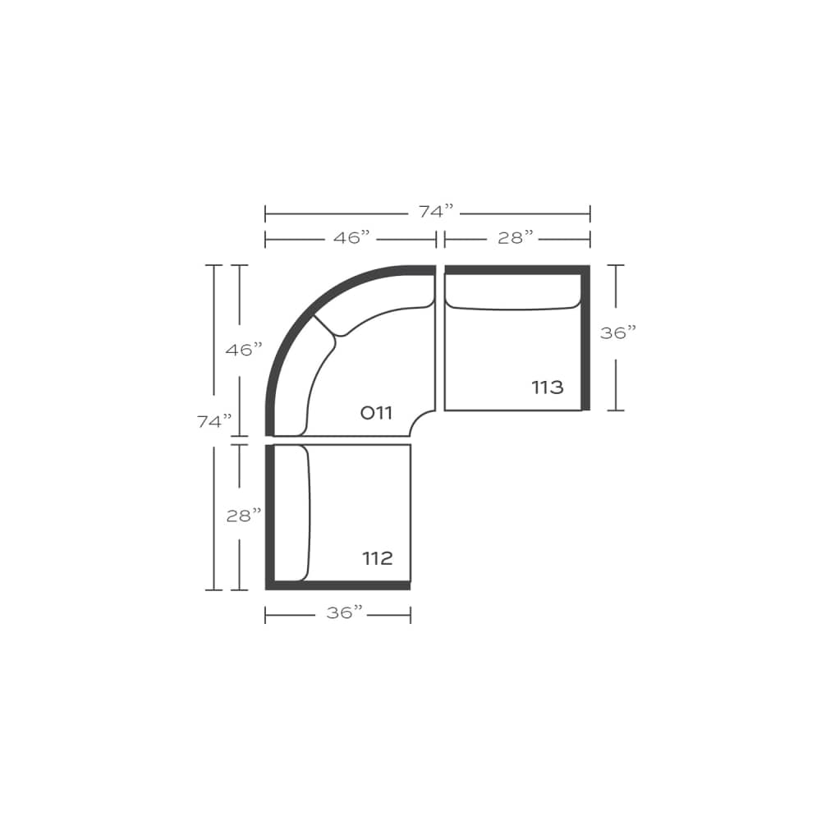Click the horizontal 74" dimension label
click(436, 212)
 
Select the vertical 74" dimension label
click(214, 421)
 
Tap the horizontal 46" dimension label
click(352, 238)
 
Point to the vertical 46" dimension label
click(244, 350)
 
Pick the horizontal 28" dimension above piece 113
click(516, 238)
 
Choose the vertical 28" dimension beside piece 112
click(244, 516)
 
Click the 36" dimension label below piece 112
click(345, 613)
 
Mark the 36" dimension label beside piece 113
click(618, 333)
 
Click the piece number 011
click(377, 413)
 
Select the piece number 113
click(548, 388)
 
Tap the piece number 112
click(378, 558)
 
